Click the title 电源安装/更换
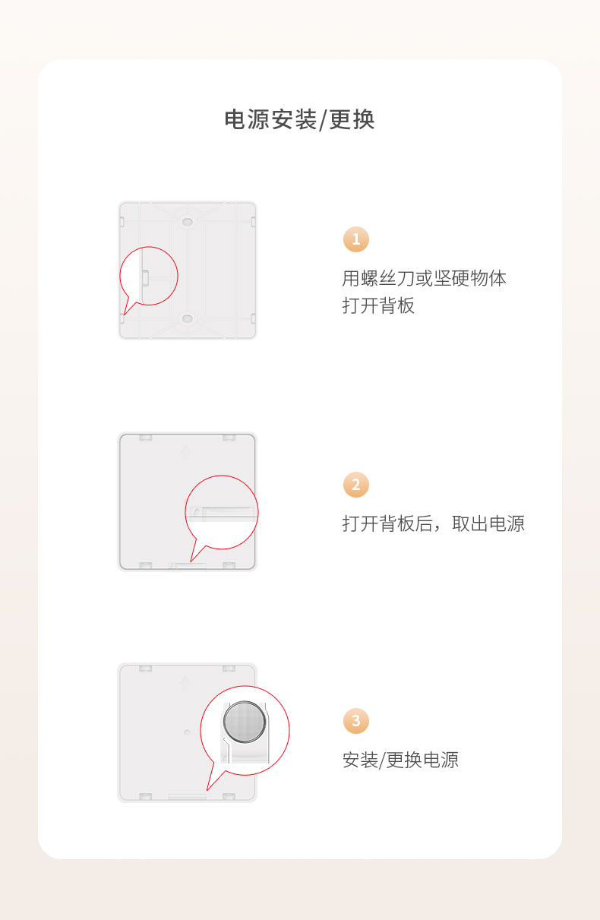pos(299,119)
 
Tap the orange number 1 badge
pos(356,239)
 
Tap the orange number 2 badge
pos(356,485)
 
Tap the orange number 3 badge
pos(356,721)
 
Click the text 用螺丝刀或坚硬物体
pos(425,278)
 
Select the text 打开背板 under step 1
pos(378,305)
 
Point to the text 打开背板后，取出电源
pos(433,523)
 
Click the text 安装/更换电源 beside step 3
pos(400,760)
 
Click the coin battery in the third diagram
pos(245,722)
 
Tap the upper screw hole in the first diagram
pos(188,222)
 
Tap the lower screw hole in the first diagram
pos(188,319)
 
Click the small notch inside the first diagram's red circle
pos(145,277)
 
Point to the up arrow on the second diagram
pos(185,453)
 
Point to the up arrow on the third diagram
pos(185,684)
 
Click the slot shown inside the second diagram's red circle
pos(223,513)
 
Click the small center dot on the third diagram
pos(188,732)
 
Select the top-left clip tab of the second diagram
pos(145,438)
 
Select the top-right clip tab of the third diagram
pos(229,669)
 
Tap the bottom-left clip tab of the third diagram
pos(145,796)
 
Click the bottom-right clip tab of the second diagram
pos(229,565)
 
